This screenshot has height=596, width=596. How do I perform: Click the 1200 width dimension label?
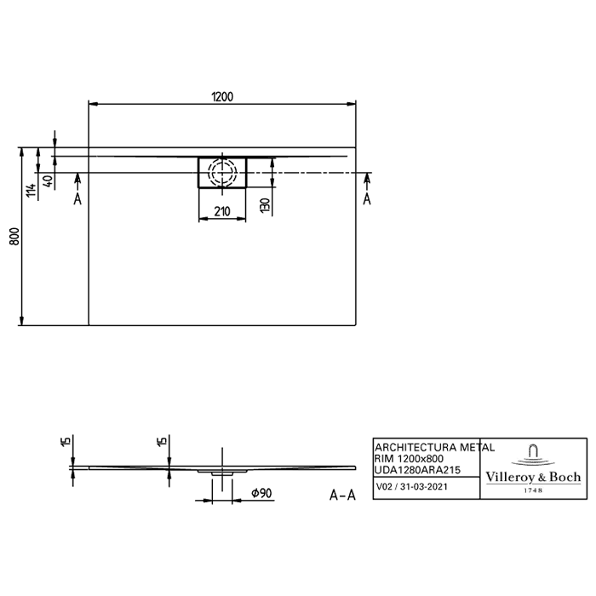(x=222, y=97)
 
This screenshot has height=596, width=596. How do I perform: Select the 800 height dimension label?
(x=14, y=237)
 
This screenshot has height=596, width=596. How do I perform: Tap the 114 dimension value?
(x=32, y=190)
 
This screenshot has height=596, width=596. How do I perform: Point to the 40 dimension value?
(x=49, y=181)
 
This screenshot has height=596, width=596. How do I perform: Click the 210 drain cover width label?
(x=222, y=211)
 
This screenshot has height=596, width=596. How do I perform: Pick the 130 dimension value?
(x=266, y=205)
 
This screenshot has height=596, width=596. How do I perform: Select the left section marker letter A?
(x=77, y=198)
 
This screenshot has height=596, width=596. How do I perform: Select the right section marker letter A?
(x=367, y=198)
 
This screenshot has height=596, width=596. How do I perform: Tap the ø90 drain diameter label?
(x=261, y=493)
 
